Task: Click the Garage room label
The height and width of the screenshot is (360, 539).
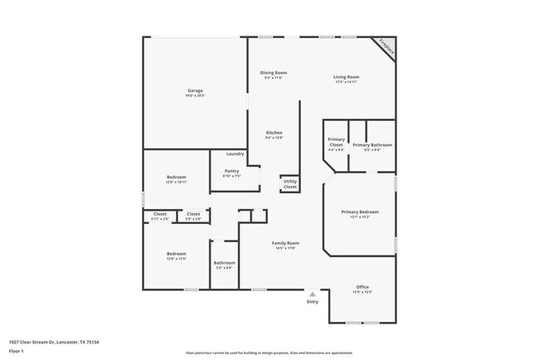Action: click(195, 90)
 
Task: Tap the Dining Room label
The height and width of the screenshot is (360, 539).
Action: click(274, 73)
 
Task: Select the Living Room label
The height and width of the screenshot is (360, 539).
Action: click(346, 77)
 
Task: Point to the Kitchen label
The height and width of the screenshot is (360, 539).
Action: click(274, 133)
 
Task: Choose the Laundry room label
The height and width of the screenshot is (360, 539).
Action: click(235, 153)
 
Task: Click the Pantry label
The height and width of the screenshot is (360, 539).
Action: click(231, 172)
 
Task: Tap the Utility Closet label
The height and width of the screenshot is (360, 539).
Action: click(289, 184)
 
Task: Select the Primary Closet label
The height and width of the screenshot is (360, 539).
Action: click(336, 142)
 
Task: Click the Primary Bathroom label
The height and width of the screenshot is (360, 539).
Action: click(372, 145)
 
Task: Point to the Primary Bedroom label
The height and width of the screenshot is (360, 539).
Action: click(361, 212)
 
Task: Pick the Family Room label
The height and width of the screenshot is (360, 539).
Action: click(286, 244)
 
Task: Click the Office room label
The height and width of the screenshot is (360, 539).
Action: click(362, 287)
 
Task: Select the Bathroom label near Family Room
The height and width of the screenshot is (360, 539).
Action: click(224, 264)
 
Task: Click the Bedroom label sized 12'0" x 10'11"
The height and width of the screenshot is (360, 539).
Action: click(176, 178)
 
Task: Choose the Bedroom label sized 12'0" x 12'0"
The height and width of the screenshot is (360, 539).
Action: click(176, 255)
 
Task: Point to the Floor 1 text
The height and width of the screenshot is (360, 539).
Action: click(17, 351)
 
